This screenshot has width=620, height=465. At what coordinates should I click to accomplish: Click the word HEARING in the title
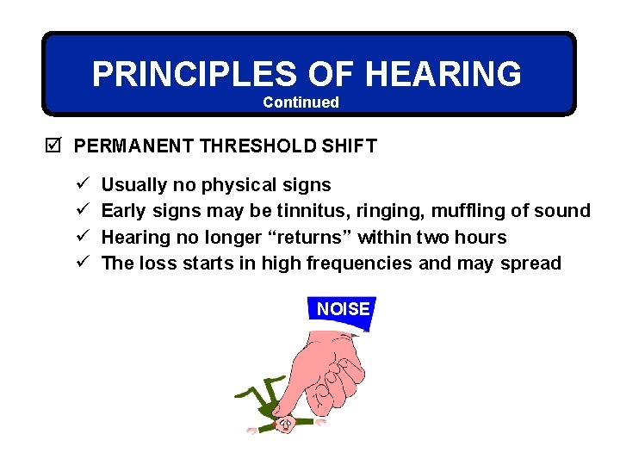pos(443,74)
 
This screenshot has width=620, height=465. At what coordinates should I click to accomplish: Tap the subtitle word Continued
pos(301,102)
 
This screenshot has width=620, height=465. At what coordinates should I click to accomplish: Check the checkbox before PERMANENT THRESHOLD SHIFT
pos(55,146)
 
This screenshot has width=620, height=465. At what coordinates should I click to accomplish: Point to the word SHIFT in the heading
pos(350,146)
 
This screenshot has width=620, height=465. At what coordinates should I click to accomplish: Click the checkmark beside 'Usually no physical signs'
pos(81,184)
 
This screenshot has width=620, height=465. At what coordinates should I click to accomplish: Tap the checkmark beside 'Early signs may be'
pos(81,210)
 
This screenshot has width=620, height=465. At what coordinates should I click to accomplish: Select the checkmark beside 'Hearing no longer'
pos(81,237)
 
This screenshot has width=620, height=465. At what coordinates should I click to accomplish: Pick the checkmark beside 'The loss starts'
pos(81,263)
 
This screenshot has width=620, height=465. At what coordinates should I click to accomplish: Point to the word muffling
pos(468,210)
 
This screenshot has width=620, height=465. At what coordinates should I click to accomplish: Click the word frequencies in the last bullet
pos(366,263)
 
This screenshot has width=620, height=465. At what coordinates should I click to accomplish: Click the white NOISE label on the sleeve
pos(343,309)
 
